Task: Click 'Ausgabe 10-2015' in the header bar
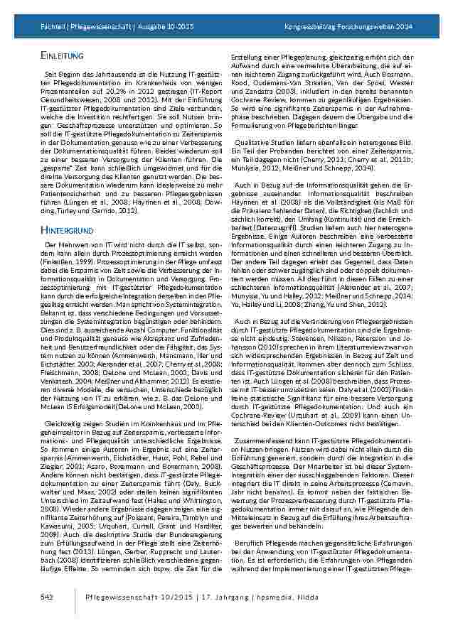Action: click(168, 26)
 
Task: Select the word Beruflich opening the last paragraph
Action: click(250, 542)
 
